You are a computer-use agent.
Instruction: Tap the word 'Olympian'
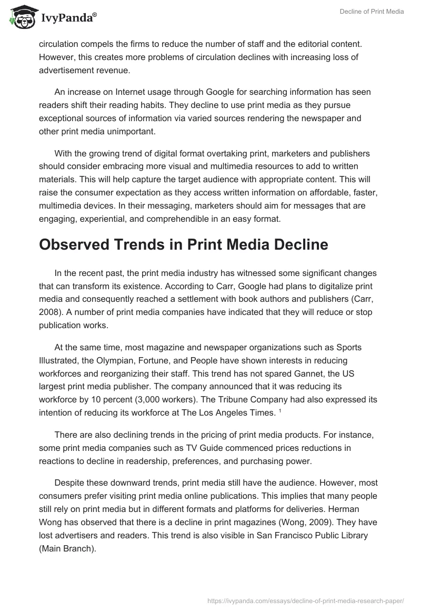click(121, 361)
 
